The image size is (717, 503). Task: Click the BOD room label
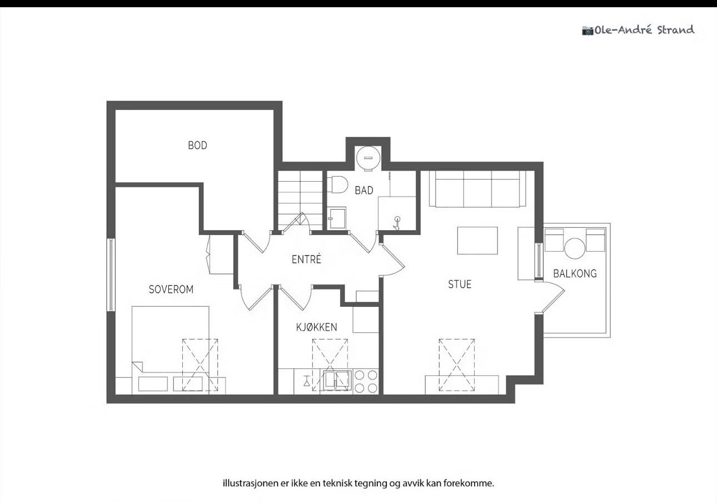[x=197, y=146]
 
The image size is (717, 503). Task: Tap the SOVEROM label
[x=171, y=290]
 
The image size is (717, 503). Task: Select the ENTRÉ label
[x=306, y=259]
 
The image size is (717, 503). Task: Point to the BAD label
[x=364, y=191]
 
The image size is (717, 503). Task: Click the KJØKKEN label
[x=317, y=327]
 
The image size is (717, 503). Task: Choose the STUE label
[x=460, y=285]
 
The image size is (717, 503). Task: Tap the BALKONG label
[x=575, y=273]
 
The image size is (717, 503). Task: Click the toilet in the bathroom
[x=338, y=185]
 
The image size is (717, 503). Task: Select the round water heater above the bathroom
[x=368, y=158]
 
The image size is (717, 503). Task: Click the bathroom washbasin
[x=337, y=218]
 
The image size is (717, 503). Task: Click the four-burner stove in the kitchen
[x=366, y=381]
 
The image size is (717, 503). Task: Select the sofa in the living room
[x=477, y=189]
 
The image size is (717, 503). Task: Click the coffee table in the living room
[x=477, y=241]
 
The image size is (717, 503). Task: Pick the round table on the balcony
[x=575, y=248]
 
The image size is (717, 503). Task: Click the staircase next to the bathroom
[x=300, y=200]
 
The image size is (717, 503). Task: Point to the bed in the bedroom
[x=170, y=350]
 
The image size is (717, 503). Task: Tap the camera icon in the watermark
[x=587, y=31]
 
